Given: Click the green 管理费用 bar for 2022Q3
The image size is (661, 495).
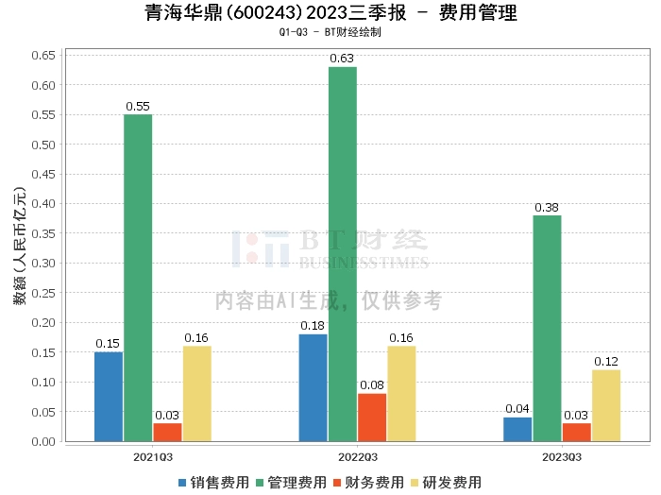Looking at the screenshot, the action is click(342, 254).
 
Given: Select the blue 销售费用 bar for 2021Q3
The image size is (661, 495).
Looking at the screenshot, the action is click(109, 397).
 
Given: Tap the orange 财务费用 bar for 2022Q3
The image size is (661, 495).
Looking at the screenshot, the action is click(372, 418).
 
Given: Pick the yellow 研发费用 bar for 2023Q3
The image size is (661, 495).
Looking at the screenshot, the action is click(606, 405).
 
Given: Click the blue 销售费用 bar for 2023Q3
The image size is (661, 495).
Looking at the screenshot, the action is click(517, 430).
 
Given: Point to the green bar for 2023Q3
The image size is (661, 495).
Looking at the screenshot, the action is click(547, 329).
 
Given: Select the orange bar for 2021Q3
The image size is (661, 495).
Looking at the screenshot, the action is click(167, 433).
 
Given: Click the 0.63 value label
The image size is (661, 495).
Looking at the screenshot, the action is click(342, 59).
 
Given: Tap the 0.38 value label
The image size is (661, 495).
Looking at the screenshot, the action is click(547, 208).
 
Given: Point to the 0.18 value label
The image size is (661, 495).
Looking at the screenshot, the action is click(313, 326).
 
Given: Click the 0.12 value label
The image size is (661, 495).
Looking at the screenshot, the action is click(606, 362).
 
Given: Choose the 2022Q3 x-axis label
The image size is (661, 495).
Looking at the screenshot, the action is click(358, 457).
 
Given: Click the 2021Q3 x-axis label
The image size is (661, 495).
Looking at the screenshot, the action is click(153, 457).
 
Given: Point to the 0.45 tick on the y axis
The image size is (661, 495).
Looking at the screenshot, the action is click(43, 174).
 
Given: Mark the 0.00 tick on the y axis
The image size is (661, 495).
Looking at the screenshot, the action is click(43, 441).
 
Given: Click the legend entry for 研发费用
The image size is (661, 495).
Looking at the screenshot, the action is click(447, 483).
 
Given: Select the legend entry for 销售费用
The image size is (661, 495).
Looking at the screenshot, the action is click(214, 483).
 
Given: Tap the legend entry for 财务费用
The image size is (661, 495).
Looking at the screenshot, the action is click(369, 483).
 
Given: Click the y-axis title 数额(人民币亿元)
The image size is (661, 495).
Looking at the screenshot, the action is click(20, 246).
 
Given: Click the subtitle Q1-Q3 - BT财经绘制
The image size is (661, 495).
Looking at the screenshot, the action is click(330, 32).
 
